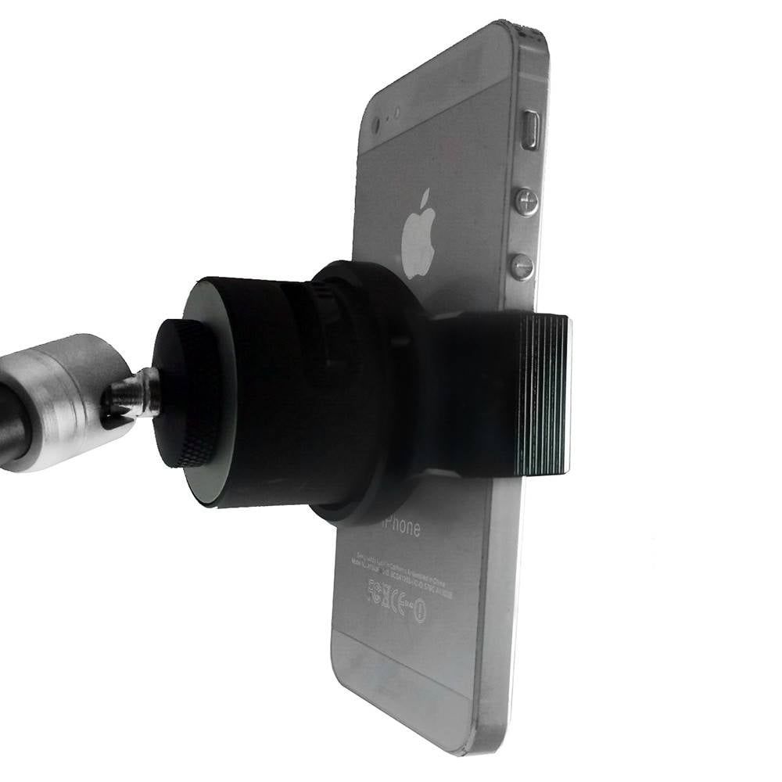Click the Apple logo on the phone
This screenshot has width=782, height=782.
[x=419, y=232]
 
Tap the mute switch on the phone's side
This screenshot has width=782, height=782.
[x=532, y=130]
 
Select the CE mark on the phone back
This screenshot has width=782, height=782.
[x=397, y=601]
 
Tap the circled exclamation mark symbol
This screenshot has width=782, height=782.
[x=419, y=609]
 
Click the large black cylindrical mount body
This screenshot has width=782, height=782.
[x=258, y=391]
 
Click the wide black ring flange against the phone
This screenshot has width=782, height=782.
[x=368, y=391]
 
